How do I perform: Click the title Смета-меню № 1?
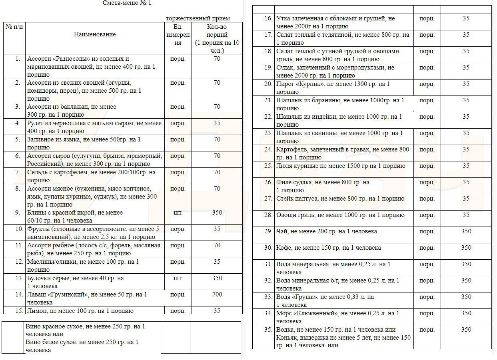click(x=127, y=3)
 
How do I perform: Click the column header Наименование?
click(x=95, y=34)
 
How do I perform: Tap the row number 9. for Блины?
click(x=18, y=213)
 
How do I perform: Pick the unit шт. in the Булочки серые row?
click(x=178, y=278)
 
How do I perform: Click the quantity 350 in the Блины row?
click(x=217, y=213)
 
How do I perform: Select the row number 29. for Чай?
click(x=268, y=231)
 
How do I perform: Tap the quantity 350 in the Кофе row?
click(x=466, y=248)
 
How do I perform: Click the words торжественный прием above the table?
click(x=198, y=18)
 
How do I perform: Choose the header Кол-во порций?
click(x=217, y=30)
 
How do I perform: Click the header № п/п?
click(x=14, y=27)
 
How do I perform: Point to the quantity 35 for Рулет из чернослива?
click(x=217, y=123)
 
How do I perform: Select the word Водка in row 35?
click(x=285, y=330)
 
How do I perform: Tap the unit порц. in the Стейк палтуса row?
click(x=427, y=199)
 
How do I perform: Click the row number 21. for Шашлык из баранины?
click(x=268, y=100)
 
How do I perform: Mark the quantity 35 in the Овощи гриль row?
click(x=466, y=215)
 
